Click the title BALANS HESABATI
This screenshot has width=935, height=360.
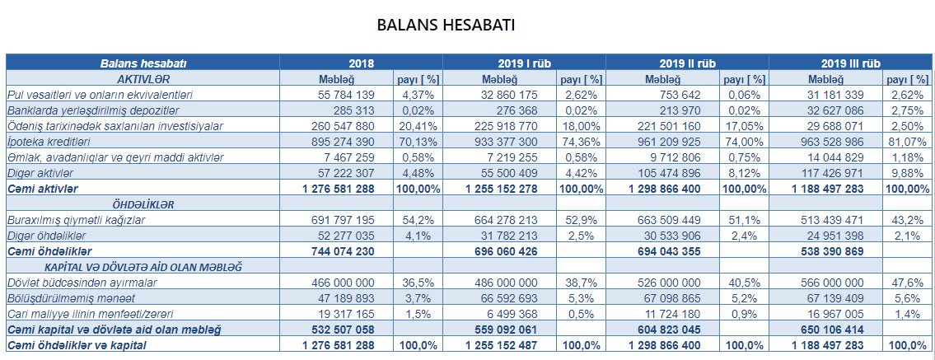pos(446,24)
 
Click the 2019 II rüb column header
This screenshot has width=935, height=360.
pos(687,63)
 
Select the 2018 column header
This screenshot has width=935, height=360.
pos(361,63)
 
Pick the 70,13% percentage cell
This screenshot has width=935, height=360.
pos(418,141)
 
